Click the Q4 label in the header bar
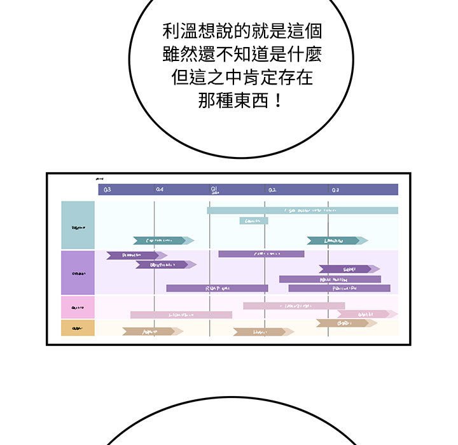click(160, 189)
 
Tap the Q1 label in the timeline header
click(214, 189)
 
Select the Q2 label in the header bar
click(272, 189)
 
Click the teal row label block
click(78, 225)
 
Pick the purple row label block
click(78, 273)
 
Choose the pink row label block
click(78, 307)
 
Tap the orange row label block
click(78, 328)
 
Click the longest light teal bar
click(302, 210)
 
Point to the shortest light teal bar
click(254, 221)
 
